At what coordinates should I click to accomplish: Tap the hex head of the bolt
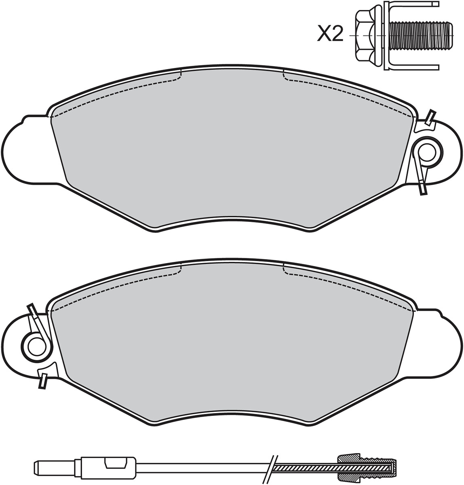(364, 36)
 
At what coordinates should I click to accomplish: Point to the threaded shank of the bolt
(422, 36)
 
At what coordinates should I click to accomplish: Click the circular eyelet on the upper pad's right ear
(427, 152)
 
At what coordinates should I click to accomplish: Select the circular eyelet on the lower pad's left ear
(37, 346)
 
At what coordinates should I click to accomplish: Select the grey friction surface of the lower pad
(232, 344)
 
